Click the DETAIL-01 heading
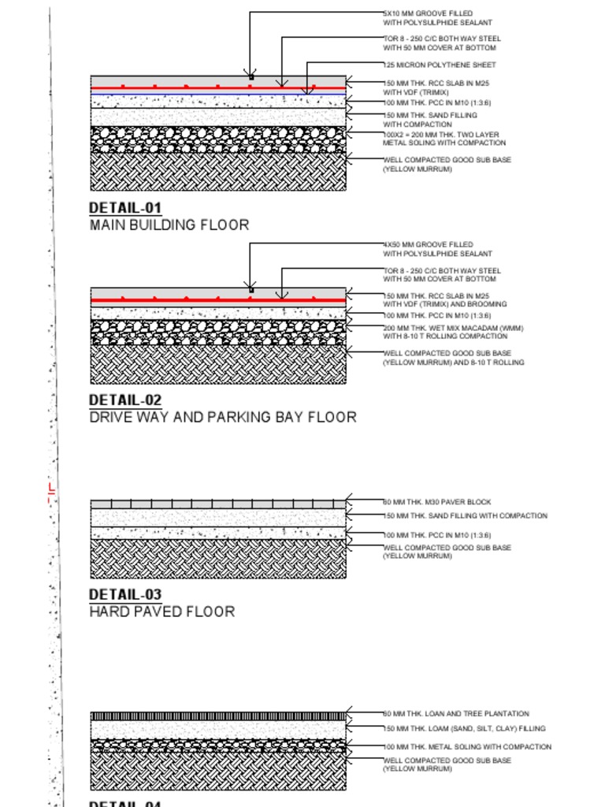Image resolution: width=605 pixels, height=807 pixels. [x=125, y=208]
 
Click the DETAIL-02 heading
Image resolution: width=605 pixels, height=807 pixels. [x=125, y=400]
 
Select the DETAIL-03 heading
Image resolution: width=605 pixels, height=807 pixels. [x=125, y=594]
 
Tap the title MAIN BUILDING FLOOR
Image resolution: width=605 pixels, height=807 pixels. [x=169, y=225]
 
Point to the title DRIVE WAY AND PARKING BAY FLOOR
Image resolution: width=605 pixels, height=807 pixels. [x=222, y=417]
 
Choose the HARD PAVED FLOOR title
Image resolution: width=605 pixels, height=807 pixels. [x=161, y=612]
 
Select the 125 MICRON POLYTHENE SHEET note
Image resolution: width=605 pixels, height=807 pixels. [x=440, y=65]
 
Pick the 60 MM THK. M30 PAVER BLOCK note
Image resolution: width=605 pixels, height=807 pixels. [x=437, y=502]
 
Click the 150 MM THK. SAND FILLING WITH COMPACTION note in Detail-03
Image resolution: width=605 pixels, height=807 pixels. [x=465, y=516]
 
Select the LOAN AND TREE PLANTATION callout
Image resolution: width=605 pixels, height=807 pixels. [x=456, y=714]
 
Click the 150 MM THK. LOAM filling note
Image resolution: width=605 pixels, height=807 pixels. [x=464, y=729]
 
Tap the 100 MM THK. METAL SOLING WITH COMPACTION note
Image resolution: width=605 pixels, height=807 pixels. [x=467, y=746]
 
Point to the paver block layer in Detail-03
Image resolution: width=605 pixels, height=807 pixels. [x=218, y=504]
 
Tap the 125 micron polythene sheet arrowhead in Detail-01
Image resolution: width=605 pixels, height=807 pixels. [x=307, y=91]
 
